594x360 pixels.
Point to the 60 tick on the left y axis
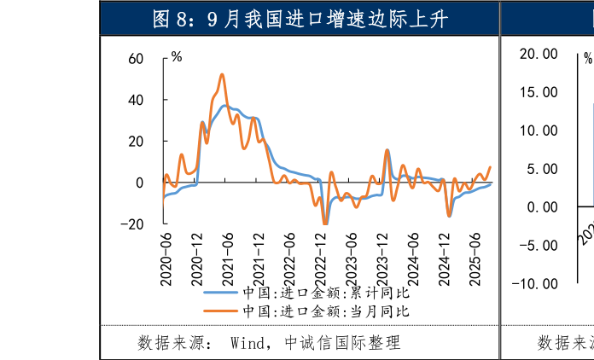click(x=137, y=59)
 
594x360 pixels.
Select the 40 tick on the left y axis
click(x=137, y=100)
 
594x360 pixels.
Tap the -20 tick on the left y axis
click(x=133, y=224)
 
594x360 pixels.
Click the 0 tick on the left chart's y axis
click(x=140, y=183)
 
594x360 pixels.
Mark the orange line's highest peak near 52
click(x=222, y=74)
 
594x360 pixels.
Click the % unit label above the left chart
click(x=177, y=57)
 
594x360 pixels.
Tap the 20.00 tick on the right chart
click(x=539, y=54)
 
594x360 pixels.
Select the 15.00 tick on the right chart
click(x=539, y=92)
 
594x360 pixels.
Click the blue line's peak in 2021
click(x=225, y=106)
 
